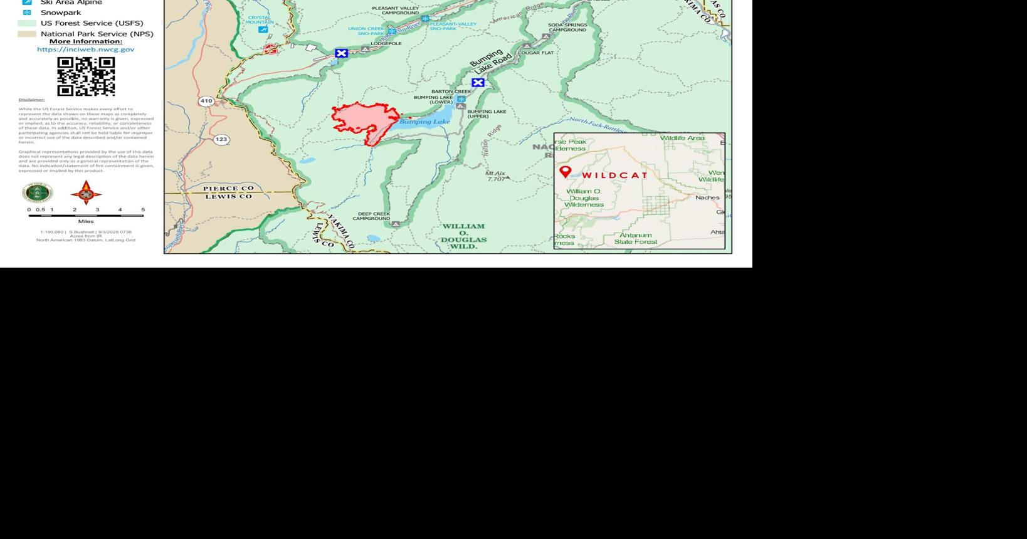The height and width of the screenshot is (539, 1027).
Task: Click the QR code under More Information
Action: pyautogui.click(x=86, y=76)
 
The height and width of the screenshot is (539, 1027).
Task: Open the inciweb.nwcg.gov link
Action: pyautogui.click(x=85, y=50)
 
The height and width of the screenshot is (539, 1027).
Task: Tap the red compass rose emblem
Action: pyautogui.click(x=86, y=192)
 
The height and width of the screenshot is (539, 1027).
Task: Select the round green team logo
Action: pyautogui.click(x=38, y=193)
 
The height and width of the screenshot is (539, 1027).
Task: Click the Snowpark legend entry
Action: pyautogui.click(x=61, y=13)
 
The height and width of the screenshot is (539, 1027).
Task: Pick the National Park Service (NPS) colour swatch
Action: pyautogui.click(x=27, y=34)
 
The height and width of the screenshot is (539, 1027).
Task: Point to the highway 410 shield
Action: pyautogui.click(x=206, y=101)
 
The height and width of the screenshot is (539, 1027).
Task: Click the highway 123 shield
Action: pyautogui.click(x=221, y=139)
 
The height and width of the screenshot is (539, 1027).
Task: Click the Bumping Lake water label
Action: pyautogui.click(x=425, y=122)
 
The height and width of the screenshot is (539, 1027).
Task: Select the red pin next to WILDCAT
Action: pyautogui.click(x=565, y=172)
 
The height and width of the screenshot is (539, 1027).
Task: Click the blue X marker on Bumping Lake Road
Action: pyautogui.click(x=478, y=83)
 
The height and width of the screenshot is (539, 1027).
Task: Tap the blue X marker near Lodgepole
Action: pyautogui.click(x=341, y=53)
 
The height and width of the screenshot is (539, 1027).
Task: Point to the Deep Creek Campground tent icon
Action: pyautogui.click(x=396, y=224)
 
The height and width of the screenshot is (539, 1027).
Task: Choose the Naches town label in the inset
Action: pyautogui.click(x=707, y=197)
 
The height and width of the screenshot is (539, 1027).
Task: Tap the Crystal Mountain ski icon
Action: pyautogui.click(x=263, y=29)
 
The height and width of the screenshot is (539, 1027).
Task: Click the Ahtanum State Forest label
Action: pyautogui.click(x=636, y=238)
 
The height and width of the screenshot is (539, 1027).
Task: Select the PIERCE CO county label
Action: pyautogui.click(x=228, y=188)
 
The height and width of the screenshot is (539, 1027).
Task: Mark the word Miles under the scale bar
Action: pyautogui.click(x=86, y=221)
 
